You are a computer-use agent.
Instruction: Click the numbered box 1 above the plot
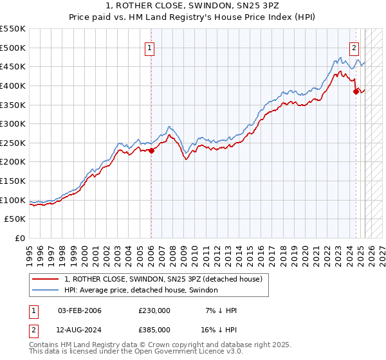149,47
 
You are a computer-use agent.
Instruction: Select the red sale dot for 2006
152,150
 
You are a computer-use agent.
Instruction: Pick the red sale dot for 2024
356,91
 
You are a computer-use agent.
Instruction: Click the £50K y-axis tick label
15,219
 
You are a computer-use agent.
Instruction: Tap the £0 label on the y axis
21,238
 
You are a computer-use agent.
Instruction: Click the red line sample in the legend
46,280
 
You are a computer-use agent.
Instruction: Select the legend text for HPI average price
141,291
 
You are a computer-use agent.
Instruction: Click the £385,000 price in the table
154,329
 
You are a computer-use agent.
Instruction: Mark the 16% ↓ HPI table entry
219,329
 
